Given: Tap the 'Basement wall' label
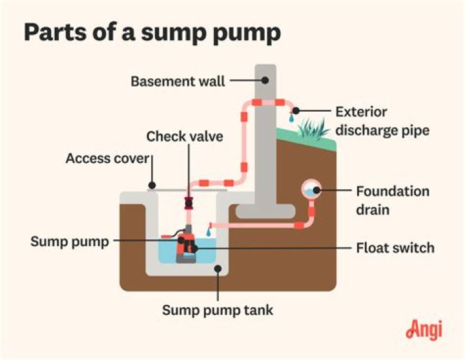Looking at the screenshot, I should pyautogui.click(x=178, y=81).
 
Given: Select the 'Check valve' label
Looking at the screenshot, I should pyautogui.click(x=185, y=136).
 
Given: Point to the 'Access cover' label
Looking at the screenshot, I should pyautogui.click(x=107, y=158).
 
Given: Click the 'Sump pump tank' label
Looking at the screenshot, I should pyautogui.click(x=218, y=310).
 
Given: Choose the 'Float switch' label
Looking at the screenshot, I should pyautogui.click(x=395, y=248).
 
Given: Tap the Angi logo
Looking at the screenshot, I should pyautogui.click(x=424, y=330).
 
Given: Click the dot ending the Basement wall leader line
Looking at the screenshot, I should pyautogui.click(x=265, y=81).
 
